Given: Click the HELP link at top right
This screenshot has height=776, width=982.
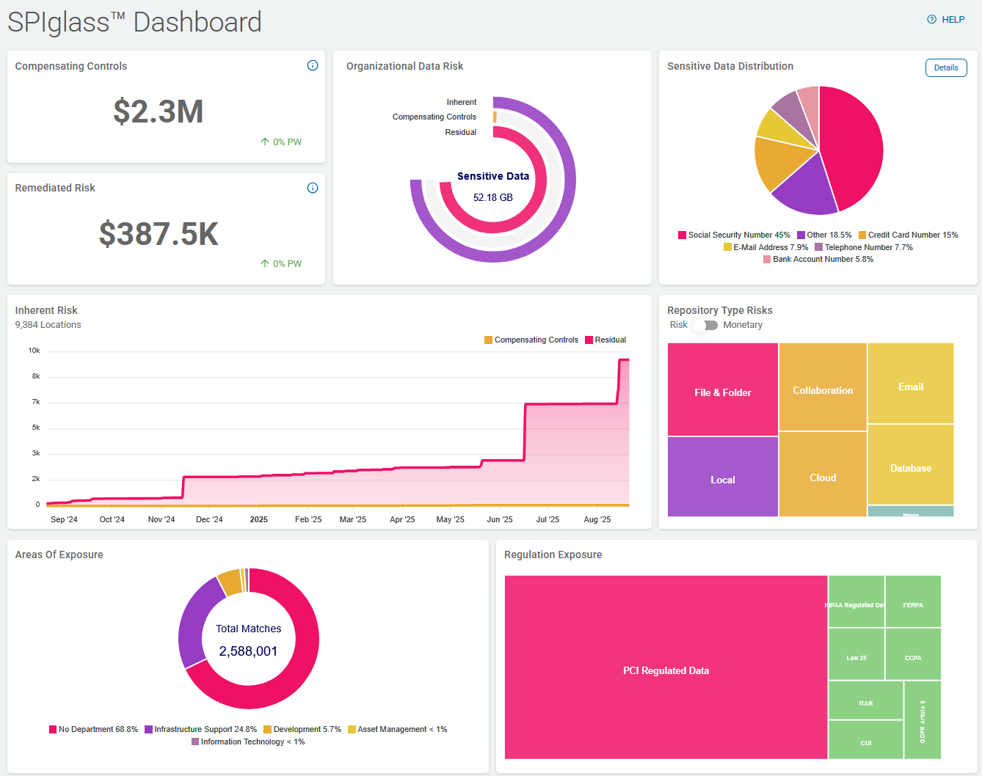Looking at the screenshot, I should tap(946, 20).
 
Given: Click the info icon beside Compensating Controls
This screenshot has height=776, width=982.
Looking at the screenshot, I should tap(313, 65).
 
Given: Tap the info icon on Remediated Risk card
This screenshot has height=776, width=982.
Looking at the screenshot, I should tap(313, 188).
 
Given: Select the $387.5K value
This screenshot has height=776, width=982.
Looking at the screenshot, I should tap(159, 234).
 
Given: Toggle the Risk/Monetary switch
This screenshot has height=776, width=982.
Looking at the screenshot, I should tap(705, 325).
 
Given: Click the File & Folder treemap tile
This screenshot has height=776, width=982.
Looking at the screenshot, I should tap(722, 392).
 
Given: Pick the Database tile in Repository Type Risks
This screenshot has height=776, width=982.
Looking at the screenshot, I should tap(910, 467).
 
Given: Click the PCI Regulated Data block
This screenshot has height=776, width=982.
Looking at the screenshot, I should tap(666, 670).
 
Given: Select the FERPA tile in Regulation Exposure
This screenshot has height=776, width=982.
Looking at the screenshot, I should tap(913, 604).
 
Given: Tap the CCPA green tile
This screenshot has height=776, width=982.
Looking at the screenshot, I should tap(913, 657).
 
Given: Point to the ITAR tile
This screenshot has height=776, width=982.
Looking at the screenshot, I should tap(865, 703).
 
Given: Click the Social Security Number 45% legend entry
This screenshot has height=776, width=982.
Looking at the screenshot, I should tap(734, 235).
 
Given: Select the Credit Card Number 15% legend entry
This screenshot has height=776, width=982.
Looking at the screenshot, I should tap(908, 235).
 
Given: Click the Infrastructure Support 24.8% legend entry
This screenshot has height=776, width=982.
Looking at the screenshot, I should tap(200, 729).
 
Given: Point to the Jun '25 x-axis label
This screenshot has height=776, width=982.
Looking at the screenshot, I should tap(499, 519).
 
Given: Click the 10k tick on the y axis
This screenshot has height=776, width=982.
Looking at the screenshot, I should tap(34, 351).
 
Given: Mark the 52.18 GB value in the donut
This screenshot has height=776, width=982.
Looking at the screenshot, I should tap(492, 197).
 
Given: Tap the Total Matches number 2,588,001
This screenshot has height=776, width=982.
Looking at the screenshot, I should tap(248, 651).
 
